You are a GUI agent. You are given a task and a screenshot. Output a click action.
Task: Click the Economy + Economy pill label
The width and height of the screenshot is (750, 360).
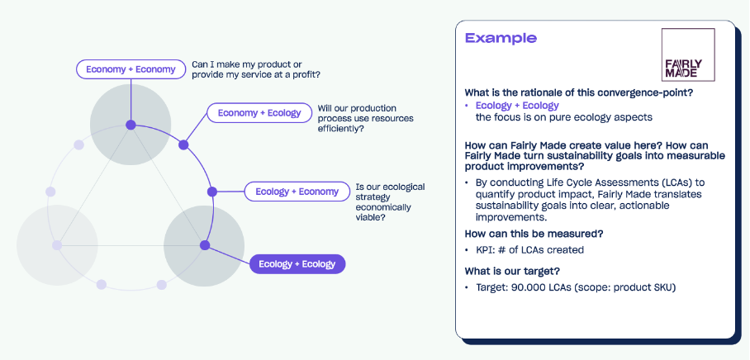[x=131, y=69]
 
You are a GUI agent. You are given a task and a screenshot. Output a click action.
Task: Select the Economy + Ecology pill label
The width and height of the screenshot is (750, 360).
[x=259, y=112]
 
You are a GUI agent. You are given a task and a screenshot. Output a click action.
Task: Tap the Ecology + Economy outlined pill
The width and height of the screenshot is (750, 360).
[x=297, y=192]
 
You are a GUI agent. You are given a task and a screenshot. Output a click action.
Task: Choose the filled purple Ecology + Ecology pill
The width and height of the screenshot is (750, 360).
[x=297, y=264]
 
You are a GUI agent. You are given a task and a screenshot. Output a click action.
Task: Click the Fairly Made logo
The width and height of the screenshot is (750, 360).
[x=687, y=54]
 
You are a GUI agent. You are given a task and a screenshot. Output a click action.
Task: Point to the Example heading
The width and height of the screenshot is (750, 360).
[x=501, y=38]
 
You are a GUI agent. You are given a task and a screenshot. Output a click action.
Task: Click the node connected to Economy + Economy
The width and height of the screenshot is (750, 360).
[x=131, y=125]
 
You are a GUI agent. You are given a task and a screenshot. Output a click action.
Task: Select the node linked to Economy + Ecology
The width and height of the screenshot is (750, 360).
[x=183, y=145]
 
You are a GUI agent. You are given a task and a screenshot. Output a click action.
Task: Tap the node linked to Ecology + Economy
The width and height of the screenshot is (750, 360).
[x=211, y=192]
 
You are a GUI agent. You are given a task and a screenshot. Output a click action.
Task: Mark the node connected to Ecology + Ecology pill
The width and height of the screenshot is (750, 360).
[x=204, y=244]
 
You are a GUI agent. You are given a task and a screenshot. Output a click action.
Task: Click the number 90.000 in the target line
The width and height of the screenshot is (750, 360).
[x=525, y=287]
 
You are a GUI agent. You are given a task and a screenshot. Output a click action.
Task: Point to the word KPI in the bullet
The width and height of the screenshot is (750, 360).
[x=485, y=249]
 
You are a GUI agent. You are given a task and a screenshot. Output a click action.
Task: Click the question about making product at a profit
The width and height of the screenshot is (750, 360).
[x=256, y=69]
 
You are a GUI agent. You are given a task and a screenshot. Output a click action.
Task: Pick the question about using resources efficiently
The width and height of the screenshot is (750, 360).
[x=365, y=118]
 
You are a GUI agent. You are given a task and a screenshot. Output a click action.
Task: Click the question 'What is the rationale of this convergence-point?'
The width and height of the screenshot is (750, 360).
[x=578, y=92]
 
